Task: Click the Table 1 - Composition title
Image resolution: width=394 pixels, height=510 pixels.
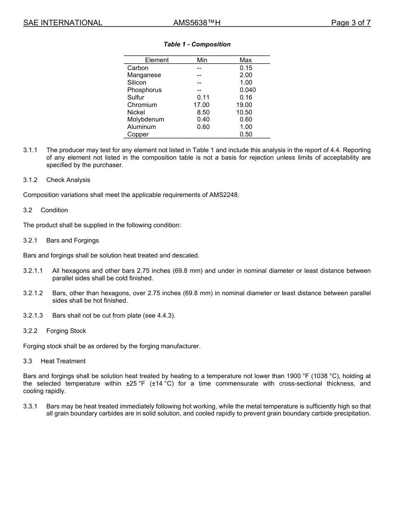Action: pos(197,44)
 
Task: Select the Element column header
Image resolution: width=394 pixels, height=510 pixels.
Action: pos(157,60)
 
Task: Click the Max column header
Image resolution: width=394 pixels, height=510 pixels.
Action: pos(246,60)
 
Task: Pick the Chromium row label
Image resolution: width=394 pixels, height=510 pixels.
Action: pos(142,105)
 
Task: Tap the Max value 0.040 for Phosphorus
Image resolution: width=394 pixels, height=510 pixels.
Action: pos(248,90)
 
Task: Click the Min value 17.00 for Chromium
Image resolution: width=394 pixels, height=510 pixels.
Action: pos(202,105)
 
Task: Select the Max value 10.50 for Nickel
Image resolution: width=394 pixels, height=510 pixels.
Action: pos(244,112)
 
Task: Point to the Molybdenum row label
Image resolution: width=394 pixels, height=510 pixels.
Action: pos(146,119)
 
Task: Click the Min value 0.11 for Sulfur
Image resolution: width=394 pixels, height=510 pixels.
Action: pos(203,97)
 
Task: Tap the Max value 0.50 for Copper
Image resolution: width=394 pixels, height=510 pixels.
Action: pos(246,134)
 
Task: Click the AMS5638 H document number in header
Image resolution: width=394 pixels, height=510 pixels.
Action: pos(197,23)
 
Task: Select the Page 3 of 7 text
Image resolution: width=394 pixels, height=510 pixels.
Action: pos(350,23)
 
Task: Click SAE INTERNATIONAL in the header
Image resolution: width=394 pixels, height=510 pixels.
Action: pos(63,23)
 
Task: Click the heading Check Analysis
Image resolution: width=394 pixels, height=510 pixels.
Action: pos(68,180)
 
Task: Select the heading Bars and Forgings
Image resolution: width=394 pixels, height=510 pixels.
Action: pos(73,240)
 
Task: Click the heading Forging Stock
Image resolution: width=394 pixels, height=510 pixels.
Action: pos(66,331)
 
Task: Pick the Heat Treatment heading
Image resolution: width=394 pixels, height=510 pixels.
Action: pos(63,361)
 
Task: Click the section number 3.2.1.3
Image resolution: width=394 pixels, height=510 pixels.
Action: pos(33,316)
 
